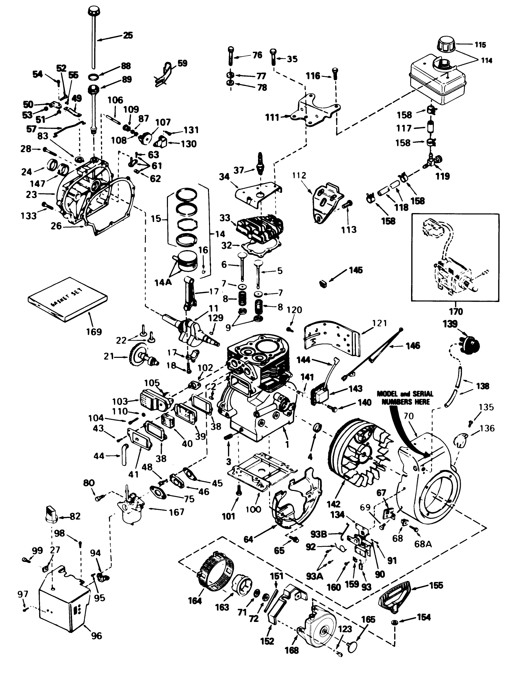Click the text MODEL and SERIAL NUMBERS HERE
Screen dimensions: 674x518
click(405, 398)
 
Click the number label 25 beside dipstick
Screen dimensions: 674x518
click(128, 36)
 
